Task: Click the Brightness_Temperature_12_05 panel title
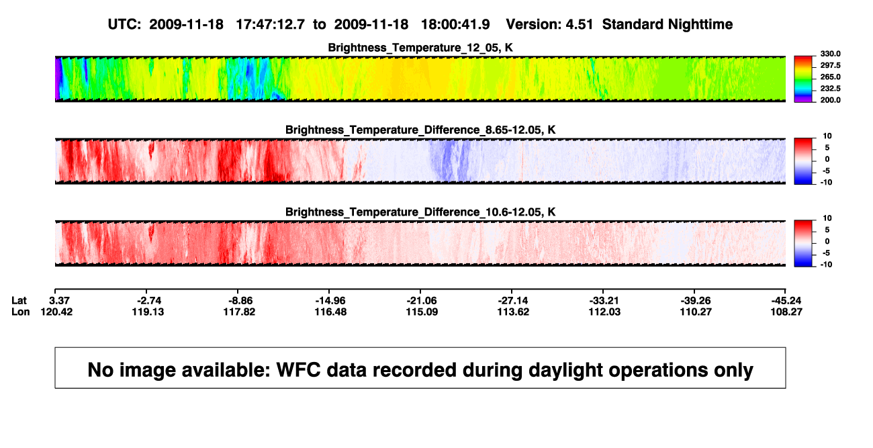coord(420,48)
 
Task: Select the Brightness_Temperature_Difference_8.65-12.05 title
coord(420,130)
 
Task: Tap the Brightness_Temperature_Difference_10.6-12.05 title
coord(420,212)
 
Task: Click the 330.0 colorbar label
coord(830,54)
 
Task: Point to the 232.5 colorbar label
coord(830,89)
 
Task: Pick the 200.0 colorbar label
coord(830,100)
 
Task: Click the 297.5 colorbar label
coord(830,66)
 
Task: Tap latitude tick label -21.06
coord(422,301)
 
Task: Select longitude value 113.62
coord(513,312)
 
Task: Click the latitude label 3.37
coord(59,301)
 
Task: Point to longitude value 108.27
coord(786,312)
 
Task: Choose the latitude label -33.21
coord(604,301)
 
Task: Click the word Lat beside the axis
coord(19,301)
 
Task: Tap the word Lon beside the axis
coord(20,312)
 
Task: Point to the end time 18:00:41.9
coord(455,25)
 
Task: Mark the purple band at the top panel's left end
coord(58,79)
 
